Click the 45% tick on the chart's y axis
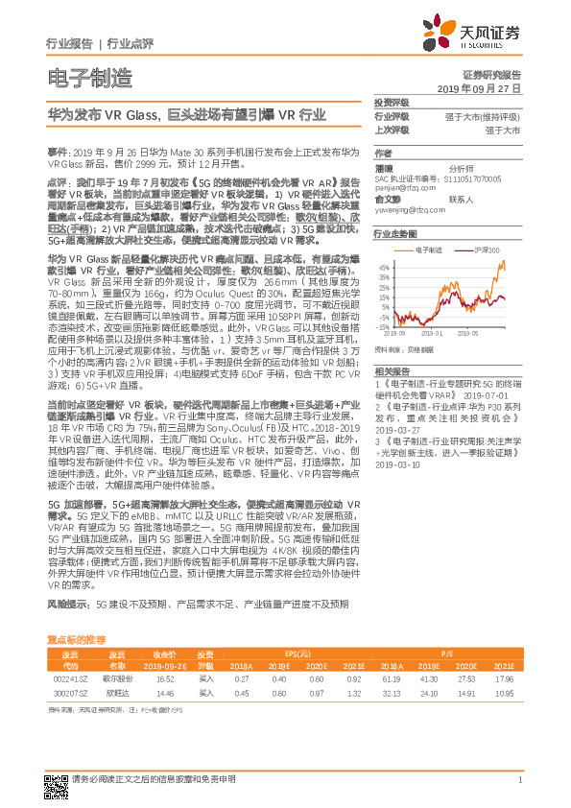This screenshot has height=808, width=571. [x=381, y=266]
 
